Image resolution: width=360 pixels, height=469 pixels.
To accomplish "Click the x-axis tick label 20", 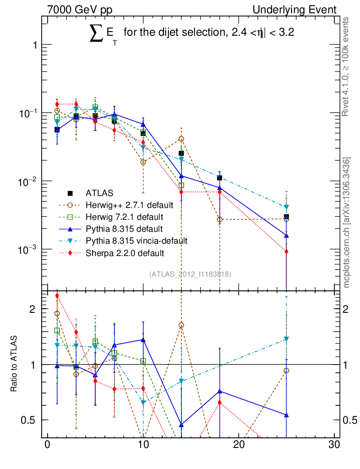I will [238, 446].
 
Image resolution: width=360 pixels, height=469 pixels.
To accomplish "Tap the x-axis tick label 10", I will [143, 446].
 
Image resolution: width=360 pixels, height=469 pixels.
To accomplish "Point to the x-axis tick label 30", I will [334, 446].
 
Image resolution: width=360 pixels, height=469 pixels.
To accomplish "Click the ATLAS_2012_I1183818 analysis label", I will [190, 274].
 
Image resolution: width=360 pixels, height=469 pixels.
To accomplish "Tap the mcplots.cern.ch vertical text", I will [347, 223].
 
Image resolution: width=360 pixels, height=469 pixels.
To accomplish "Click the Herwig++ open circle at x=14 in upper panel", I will [181, 139].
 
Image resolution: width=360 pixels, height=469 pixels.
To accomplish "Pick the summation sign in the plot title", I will [97, 35].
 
